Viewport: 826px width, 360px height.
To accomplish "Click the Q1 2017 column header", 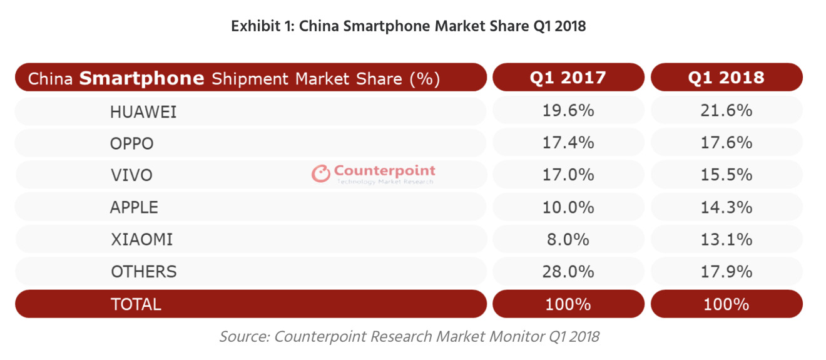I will point(568,77).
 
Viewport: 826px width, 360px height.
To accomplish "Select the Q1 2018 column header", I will point(727,77).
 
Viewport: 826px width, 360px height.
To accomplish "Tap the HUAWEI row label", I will point(143,111).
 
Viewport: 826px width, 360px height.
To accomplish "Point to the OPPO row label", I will point(131,143).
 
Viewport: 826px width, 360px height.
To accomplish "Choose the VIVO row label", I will point(131,175).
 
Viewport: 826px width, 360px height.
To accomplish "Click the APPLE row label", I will point(134,207).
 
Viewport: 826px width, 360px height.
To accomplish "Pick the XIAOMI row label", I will point(141,239).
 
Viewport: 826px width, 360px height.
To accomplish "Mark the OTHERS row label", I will point(144,271).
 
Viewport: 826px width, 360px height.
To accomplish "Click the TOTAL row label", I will point(136,304).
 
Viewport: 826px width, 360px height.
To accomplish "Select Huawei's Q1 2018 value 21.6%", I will point(727,111).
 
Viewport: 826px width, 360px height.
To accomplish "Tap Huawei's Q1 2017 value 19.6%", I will point(568,111).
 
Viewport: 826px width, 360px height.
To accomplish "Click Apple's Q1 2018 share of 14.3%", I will point(727,207).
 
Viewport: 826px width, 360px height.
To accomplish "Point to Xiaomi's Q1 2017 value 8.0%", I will point(568,239).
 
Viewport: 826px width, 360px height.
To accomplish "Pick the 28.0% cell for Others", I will point(568,271).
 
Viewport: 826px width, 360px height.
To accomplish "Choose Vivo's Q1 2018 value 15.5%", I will point(727,175).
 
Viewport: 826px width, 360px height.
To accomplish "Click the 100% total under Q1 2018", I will point(727,304).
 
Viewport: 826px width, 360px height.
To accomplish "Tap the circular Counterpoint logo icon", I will point(321,173).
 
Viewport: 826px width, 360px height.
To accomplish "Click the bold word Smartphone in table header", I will point(142,78).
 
